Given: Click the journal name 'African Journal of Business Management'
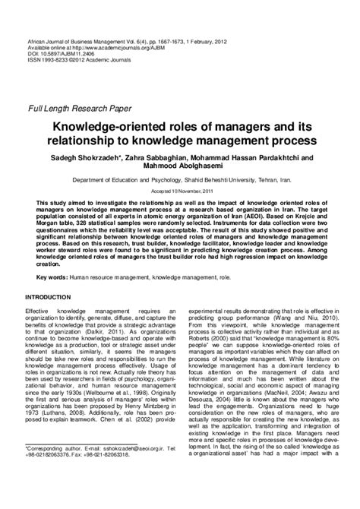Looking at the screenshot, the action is [76, 17].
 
